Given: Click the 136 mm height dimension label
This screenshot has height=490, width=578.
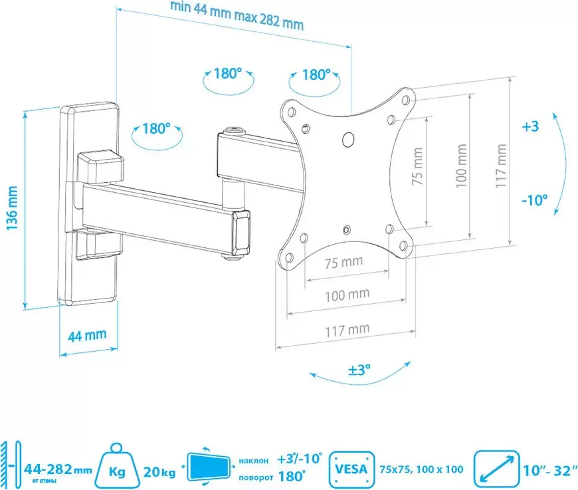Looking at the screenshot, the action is point(12,208).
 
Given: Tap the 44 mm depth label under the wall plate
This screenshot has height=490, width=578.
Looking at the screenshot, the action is point(87,336).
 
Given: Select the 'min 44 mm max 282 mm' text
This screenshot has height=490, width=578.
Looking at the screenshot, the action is point(237,16).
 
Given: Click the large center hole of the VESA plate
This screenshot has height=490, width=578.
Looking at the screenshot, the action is point(348,139).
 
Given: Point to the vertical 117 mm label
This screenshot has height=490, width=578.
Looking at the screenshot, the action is point(500,166).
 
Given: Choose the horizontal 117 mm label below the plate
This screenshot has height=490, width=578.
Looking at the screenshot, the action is point(347,330).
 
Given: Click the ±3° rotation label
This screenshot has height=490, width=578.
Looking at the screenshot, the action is point(359,370).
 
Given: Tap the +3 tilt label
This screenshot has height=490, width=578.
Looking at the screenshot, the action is point(530,126).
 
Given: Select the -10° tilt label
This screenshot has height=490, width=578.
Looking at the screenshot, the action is point(535,200).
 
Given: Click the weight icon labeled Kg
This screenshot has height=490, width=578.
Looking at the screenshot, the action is point(117,467).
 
